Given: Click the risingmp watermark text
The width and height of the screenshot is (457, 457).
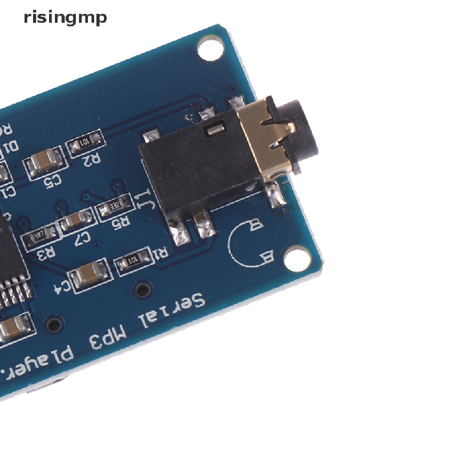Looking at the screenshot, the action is pyautogui.click(x=65, y=18).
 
